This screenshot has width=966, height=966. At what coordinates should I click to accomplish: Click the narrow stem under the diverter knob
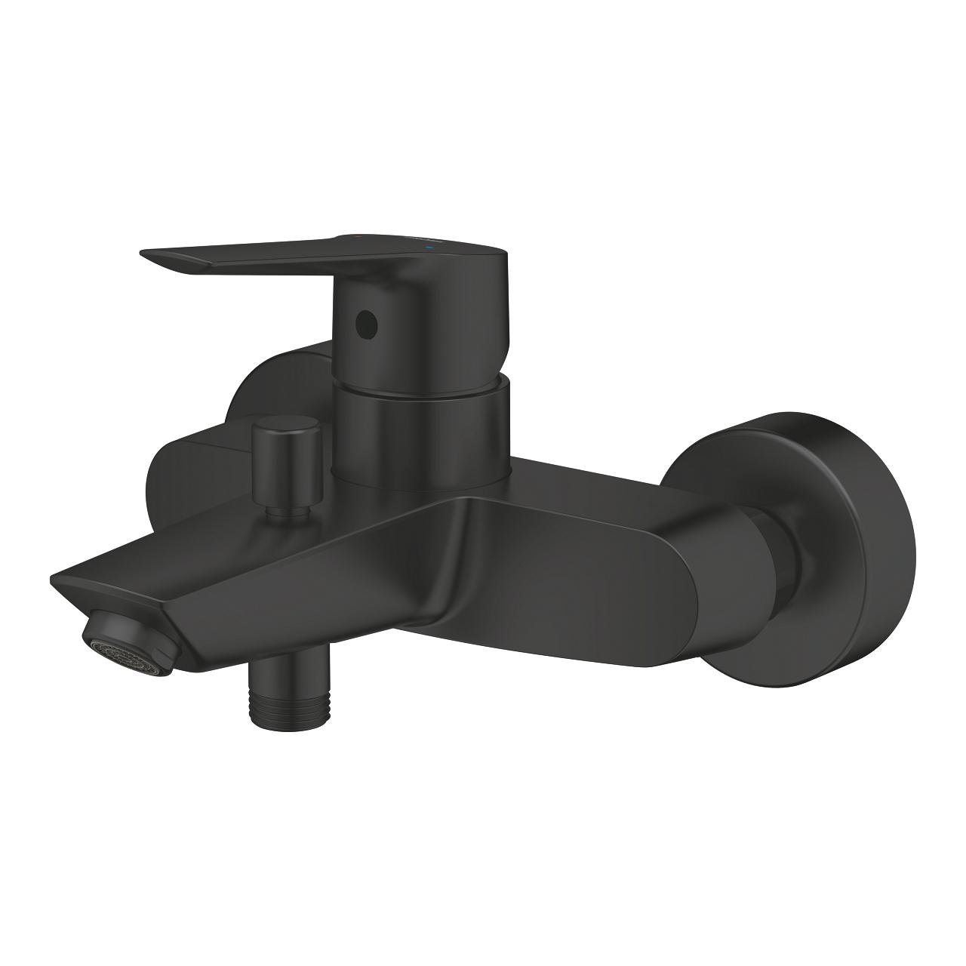[288, 511]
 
